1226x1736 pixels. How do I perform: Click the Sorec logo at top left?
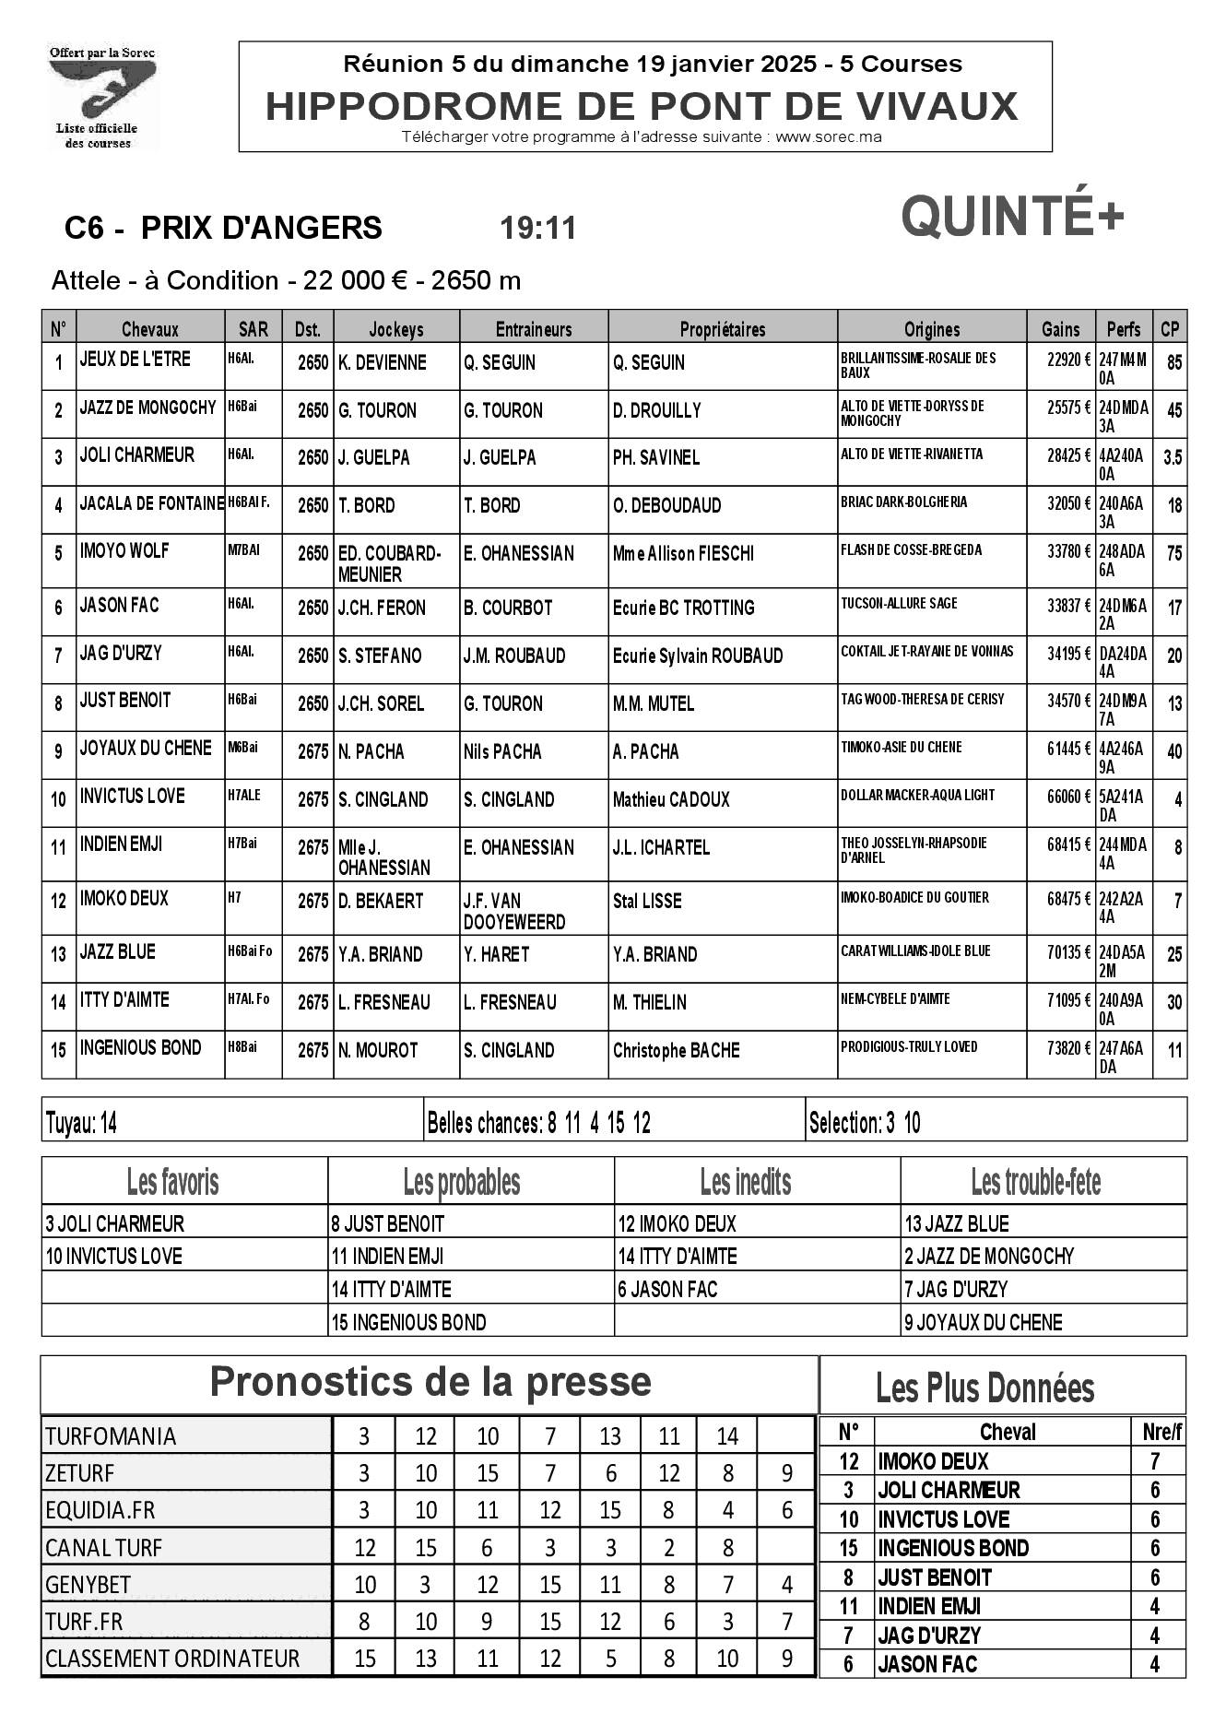(x=101, y=96)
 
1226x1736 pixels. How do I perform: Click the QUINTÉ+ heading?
(x=1011, y=216)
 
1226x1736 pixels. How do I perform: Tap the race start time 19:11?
(x=537, y=228)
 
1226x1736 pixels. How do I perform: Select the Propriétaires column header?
(x=722, y=329)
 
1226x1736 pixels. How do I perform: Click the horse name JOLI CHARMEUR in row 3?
(x=137, y=455)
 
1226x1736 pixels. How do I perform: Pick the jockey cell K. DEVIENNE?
(x=383, y=363)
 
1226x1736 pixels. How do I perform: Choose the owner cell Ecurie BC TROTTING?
(x=683, y=608)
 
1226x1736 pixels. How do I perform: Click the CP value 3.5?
(x=1172, y=457)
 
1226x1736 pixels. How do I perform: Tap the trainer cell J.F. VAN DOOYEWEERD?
(x=514, y=911)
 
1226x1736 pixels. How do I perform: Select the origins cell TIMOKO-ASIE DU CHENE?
(x=901, y=748)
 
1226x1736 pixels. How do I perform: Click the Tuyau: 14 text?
(x=81, y=1123)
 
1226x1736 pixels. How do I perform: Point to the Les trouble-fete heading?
(x=1035, y=1181)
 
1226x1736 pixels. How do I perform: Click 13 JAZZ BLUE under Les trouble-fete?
(x=957, y=1224)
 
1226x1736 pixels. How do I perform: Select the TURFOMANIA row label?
(x=111, y=1435)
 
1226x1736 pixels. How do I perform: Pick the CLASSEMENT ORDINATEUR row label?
(x=172, y=1659)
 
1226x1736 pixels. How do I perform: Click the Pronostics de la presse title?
(x=430, y=1382)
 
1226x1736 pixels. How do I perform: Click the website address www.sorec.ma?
(x=828, y=137)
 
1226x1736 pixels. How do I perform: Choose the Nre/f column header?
(x=1161, y=1432)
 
